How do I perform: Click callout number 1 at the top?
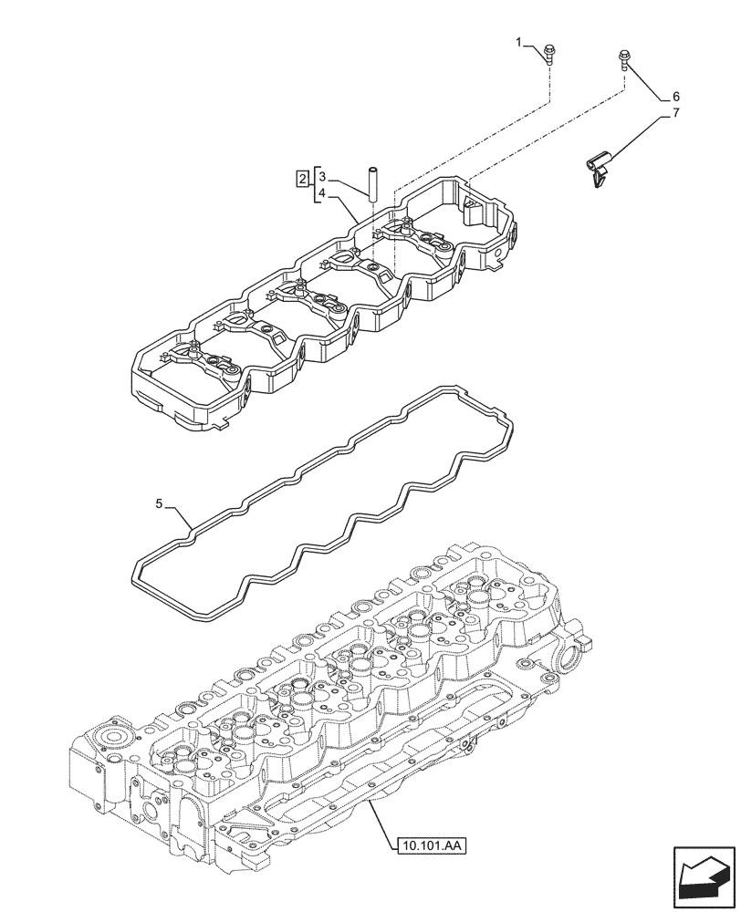[518, 43]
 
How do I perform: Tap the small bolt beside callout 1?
[550, 55]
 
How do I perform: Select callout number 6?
[676, 97]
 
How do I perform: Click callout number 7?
[676, 113]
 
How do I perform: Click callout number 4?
[322, 193]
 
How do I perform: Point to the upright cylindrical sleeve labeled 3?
[372, 182]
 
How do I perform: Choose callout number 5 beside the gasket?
[159, 503]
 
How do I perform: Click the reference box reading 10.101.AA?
[433, 846]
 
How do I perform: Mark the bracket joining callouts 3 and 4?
[314, 181]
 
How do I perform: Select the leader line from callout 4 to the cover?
[343, 202]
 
